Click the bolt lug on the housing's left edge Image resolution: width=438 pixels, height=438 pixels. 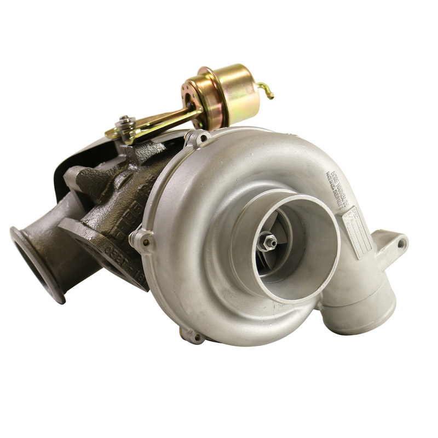pos(140,239)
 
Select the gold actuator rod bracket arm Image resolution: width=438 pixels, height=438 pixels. pos(159,122)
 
